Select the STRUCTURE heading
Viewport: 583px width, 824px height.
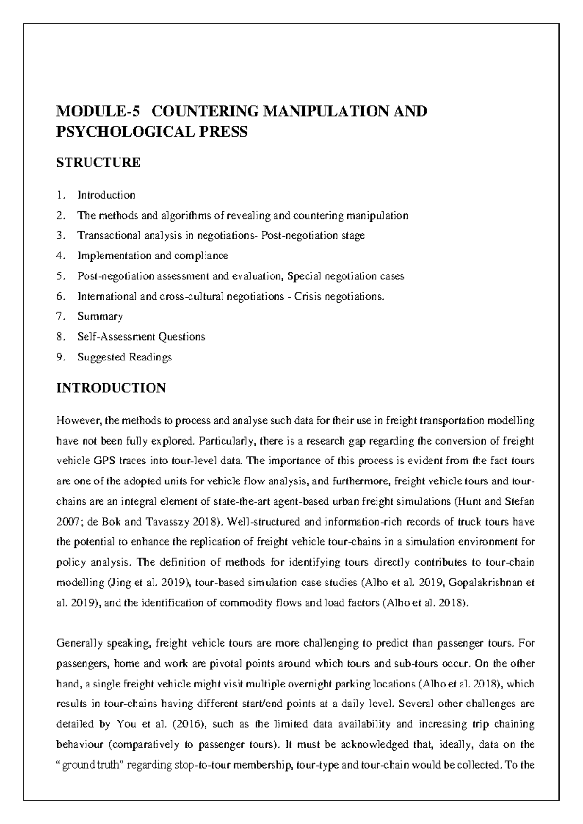pos(99,163)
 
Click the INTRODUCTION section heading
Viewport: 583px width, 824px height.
pos(111,388)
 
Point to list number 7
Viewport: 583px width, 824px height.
pos(60,316)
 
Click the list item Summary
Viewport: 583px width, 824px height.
pos(100,316)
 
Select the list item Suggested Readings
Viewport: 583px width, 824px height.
pos(124,357)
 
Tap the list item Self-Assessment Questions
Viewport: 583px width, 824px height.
pos(141,337)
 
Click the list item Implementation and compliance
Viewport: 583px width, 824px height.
pos(153,256)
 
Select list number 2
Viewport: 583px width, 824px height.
pos(60,215)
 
